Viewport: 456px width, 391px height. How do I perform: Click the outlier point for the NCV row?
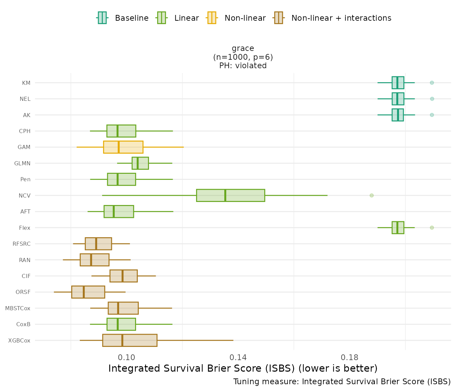(372, 195)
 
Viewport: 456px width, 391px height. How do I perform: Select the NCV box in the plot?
(230, 195)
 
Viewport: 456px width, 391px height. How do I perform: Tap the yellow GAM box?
(123, 147)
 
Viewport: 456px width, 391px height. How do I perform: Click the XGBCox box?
(130, 340)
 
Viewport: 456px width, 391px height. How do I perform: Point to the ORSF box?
(88, 292)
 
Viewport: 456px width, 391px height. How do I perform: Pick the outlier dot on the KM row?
(432, 82)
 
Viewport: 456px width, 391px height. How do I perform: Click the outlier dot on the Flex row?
(432, 227)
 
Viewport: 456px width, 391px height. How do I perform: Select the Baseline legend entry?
(123, 18)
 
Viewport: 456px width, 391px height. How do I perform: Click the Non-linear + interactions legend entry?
(332, 18)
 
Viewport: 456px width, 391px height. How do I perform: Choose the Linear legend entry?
(178, 18)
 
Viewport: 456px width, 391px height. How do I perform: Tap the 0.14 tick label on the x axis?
(238, 357)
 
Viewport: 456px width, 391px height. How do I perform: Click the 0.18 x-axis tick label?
(349, 357)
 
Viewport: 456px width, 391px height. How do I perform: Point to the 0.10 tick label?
(127, 357)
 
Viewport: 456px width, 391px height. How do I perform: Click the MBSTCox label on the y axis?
(18, 308)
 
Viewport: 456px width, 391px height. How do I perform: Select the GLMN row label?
(22, 163)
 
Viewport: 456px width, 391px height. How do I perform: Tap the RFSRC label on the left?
(21, 244)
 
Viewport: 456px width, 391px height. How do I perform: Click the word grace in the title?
(243, 49)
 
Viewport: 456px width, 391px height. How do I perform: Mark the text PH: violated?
(243, 66)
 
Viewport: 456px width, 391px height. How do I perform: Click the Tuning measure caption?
(342, 381)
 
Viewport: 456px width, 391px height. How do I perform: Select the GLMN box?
(140, 163)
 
